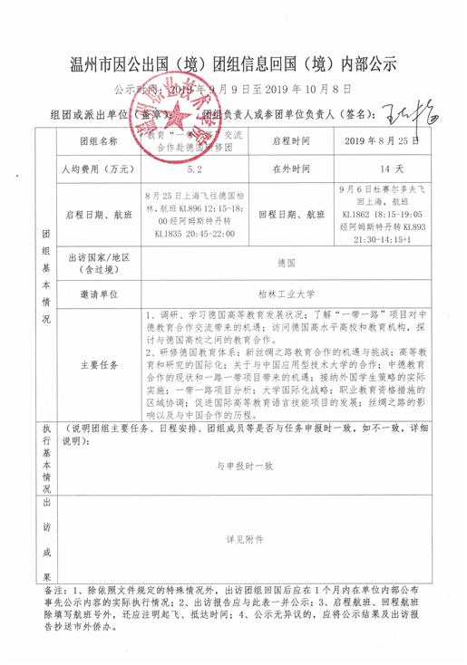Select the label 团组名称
[99, 142]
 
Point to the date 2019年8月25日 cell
[382, 142]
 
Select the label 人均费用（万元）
[99, 169]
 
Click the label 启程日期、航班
[99, 214]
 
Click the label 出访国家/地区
[99, 262]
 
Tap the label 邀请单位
[99, 294]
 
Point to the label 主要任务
[99, 365]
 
